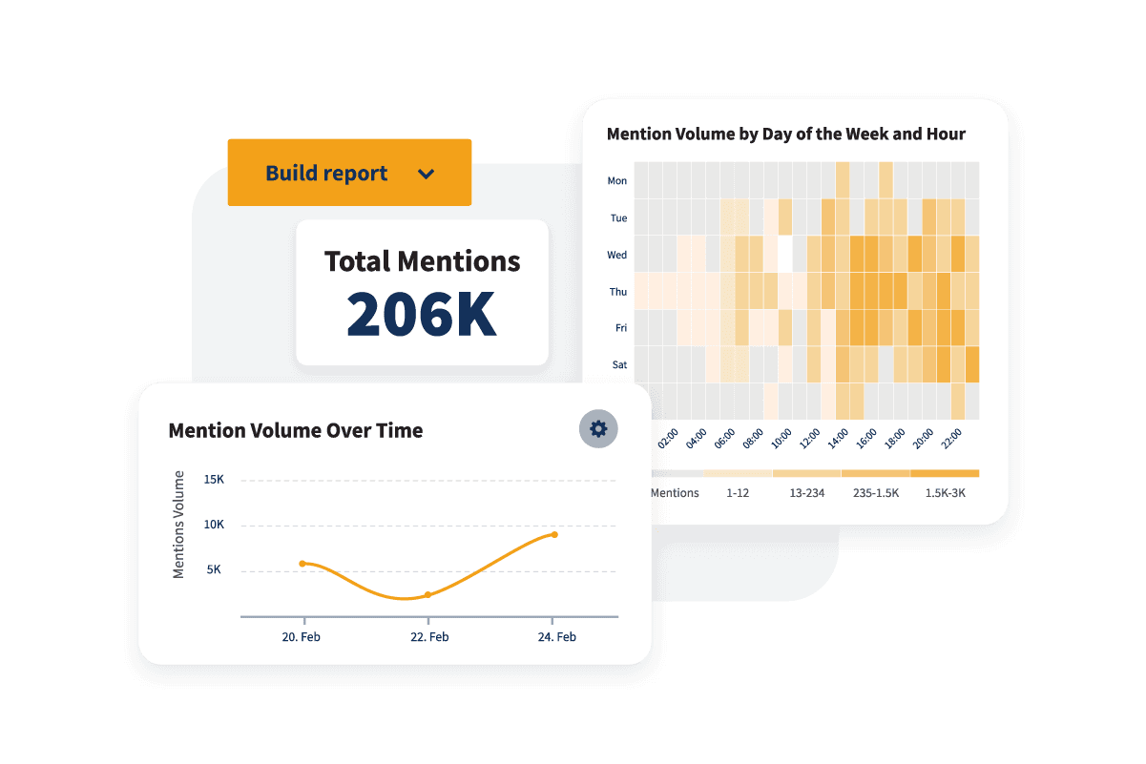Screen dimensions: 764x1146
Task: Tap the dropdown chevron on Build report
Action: [426, 174]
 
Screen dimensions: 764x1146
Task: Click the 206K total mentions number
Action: [421, 313]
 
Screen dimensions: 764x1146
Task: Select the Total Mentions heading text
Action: [422, 261]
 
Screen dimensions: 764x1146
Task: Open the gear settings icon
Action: [598, 429]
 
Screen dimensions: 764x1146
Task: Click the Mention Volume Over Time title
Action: [295, 430]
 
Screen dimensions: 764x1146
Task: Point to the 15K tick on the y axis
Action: [214, 479]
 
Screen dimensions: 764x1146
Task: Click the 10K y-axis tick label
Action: [214, 525]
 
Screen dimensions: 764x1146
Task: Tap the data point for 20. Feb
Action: [302, 564]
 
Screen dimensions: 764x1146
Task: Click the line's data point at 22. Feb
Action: [427, 594]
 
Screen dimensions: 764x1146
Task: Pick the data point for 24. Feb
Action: [554, 534]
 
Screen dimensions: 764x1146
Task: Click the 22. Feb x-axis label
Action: [428, 637]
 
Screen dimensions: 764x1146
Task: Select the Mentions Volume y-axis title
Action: [178, 525]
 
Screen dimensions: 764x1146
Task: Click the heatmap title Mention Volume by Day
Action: [785, 134]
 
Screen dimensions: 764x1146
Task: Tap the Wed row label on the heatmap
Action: [617, 255]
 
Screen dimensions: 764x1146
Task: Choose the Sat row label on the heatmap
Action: [618, 364]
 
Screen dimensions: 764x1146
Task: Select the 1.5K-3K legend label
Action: [945, 493]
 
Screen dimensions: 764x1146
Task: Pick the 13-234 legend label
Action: [806, 493]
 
